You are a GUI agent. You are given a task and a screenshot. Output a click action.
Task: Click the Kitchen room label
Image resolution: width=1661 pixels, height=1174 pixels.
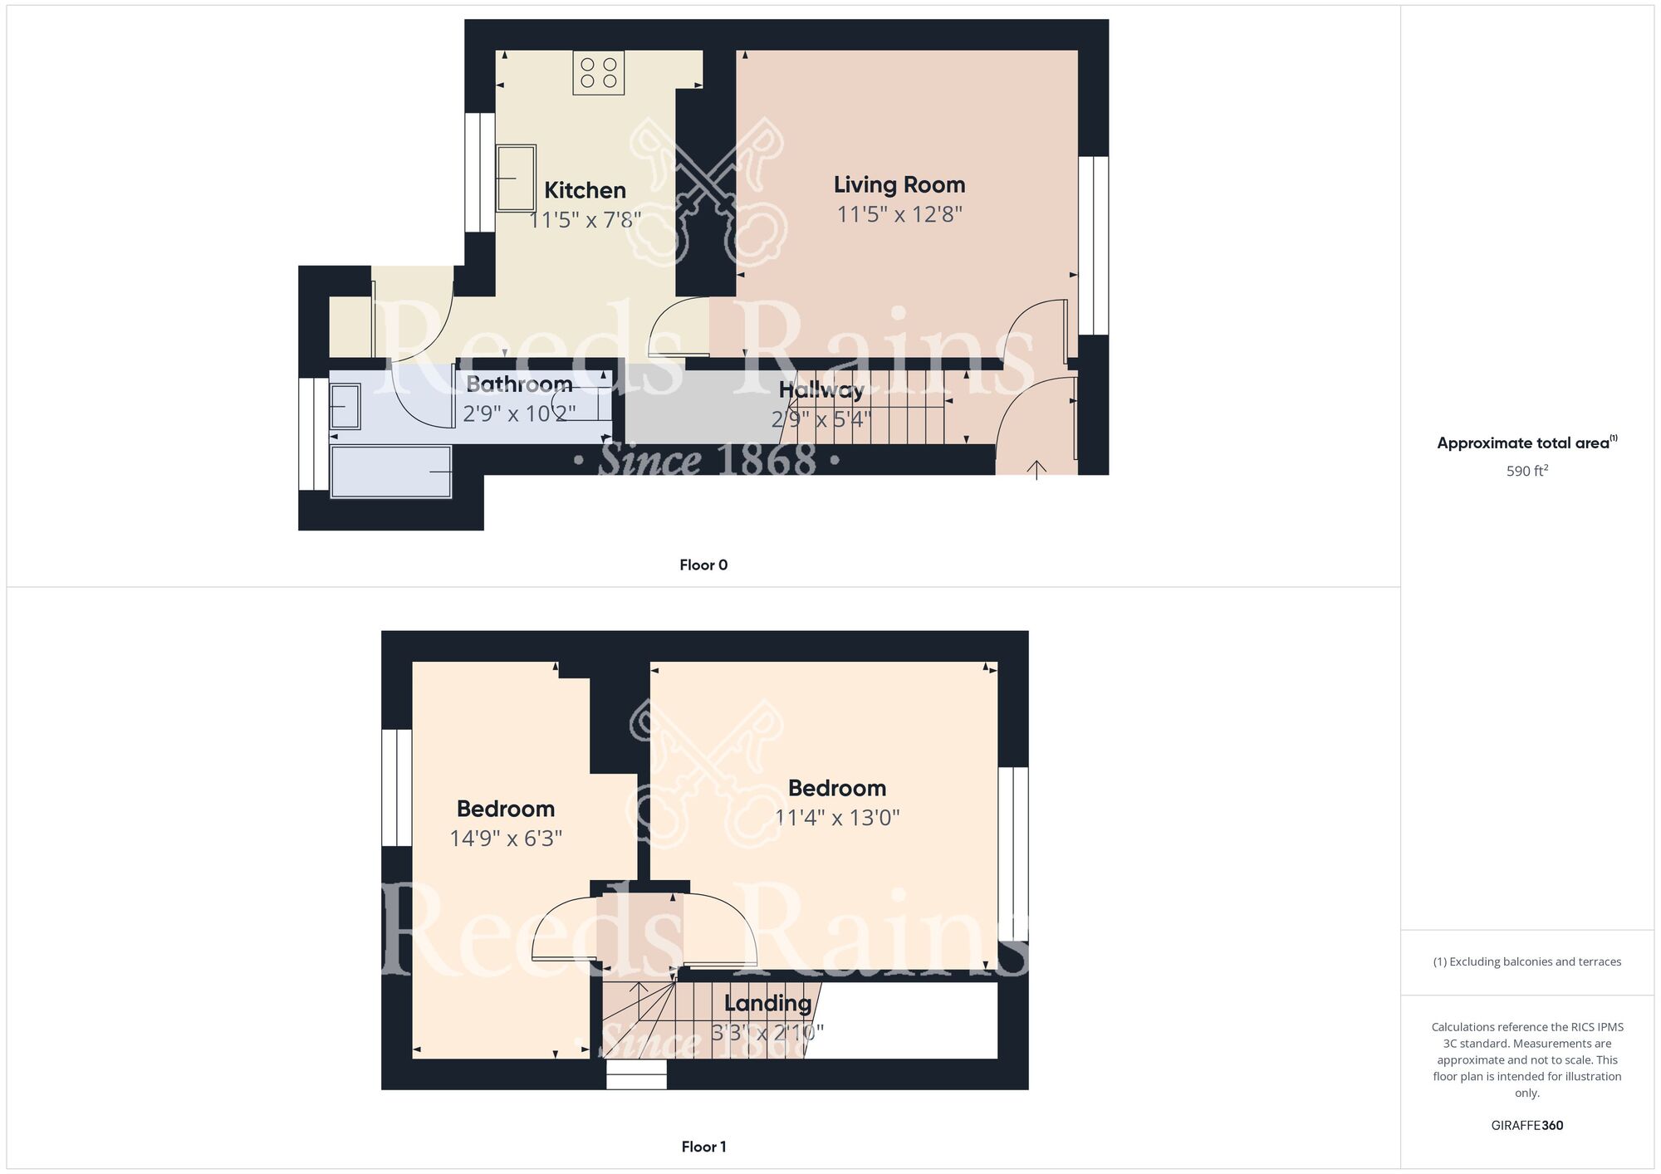pos(585,190)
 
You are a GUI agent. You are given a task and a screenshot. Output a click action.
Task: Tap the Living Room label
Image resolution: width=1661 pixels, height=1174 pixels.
pos(899,185)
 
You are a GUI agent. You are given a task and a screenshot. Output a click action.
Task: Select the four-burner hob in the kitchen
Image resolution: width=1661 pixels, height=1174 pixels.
pos(599,72)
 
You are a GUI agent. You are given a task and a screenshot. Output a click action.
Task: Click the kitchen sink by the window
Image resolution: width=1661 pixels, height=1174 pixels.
pos(516,178)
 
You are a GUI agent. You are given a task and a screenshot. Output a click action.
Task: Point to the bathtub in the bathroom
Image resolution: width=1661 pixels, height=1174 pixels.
pos(391,472)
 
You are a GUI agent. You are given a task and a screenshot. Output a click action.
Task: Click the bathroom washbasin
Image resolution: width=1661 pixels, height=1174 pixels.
pos(345,406)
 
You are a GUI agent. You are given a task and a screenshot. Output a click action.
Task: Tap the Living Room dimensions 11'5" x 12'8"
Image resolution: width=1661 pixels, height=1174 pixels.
pos(899,214)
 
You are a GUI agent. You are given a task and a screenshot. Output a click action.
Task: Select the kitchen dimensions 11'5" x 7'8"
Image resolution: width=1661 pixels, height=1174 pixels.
pos(586,220)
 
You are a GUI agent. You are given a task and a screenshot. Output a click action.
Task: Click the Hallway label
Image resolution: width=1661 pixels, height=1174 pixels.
pos(821,390)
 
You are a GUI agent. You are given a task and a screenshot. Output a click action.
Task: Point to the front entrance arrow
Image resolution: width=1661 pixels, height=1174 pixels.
pos(1036,470)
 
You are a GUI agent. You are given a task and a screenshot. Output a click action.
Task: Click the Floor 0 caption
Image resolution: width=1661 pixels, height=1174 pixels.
pos(703,565)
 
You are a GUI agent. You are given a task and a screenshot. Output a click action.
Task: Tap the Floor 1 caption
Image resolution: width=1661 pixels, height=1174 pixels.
pos(703,1147)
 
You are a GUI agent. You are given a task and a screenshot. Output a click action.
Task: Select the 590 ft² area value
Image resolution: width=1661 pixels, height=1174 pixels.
pos(1527,471)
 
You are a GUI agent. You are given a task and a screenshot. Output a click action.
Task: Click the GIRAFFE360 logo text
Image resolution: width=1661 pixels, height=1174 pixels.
pos(1527,1126)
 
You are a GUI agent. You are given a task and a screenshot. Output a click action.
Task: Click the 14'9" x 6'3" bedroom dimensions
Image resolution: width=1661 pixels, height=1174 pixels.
pos(506,839)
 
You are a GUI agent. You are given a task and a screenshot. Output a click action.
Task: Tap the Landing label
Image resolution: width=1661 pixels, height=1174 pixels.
pos(767,1003)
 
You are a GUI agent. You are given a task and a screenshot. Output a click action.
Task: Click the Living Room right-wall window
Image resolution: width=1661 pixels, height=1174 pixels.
pos(1094,246)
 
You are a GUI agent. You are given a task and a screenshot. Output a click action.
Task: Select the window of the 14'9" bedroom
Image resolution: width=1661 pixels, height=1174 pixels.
pos(397,788)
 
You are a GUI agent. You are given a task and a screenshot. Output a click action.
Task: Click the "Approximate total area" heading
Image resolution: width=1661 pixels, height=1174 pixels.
pos(1527,443)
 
